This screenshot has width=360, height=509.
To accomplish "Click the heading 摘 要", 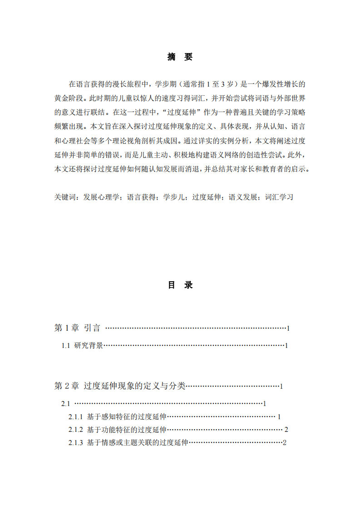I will tap(180, 57).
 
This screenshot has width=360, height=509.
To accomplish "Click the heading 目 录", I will tap(180, 285).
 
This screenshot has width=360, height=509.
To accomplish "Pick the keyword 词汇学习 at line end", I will tap(279, 197).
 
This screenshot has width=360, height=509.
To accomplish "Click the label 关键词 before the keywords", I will tap(66, 197).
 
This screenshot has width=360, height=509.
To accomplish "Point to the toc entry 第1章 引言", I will tap(77, 328).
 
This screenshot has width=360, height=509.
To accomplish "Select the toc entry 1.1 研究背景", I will tap(82, 346).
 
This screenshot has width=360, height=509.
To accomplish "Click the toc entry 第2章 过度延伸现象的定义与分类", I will tap(120, 386).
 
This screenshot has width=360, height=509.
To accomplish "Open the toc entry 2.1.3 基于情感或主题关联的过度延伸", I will tap(128, 443).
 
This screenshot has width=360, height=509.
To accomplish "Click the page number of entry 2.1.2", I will tap(286, 430).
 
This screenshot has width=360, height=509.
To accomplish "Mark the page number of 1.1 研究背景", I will tap(286, 346).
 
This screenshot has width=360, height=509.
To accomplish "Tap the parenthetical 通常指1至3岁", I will tap(208, 84).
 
